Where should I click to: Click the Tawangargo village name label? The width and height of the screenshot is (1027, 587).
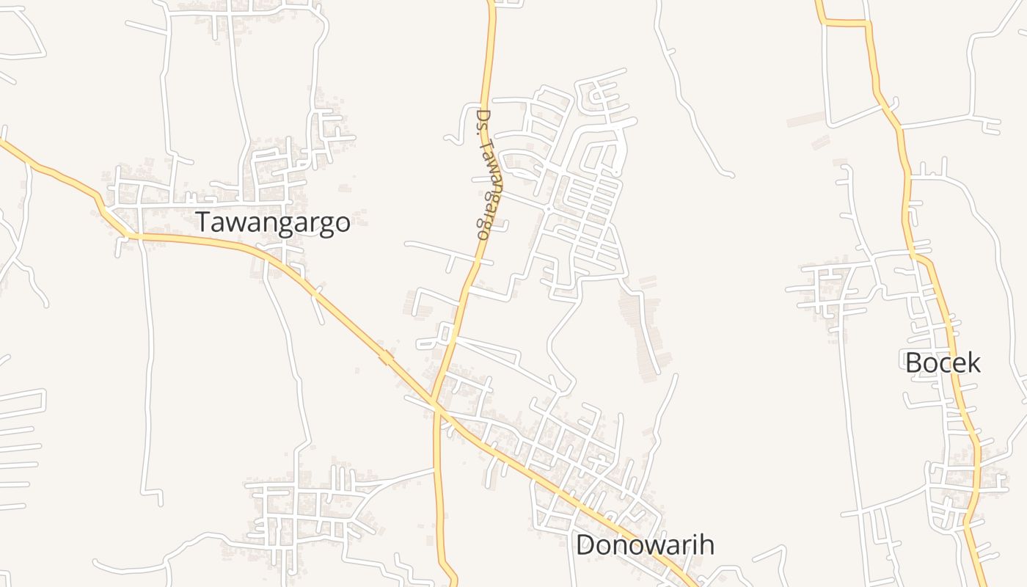point(272,222)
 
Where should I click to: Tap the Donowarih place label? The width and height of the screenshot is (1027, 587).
point(645,545)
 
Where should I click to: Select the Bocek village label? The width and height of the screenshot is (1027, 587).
point(943,362)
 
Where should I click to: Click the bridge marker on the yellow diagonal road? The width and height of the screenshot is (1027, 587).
point(385,358)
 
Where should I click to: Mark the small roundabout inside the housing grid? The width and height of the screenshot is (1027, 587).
point(548,209)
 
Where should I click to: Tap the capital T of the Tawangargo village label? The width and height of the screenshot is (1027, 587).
point(202,222)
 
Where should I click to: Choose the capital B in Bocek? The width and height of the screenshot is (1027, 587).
point(913,362)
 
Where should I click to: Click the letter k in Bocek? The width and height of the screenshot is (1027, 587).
point(973,362)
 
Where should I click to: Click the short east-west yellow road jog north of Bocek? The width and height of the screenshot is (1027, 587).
point(845,23)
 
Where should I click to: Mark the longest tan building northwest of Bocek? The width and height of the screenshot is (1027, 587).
point(806,119)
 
